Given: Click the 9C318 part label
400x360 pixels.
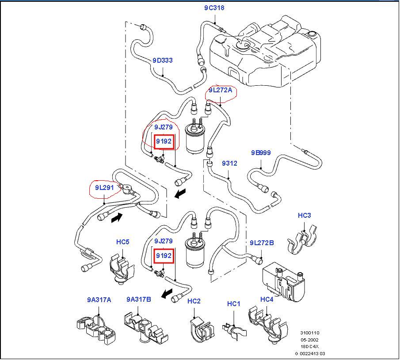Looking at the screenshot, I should coord(214,8).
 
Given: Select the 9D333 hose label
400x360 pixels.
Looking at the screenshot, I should coord(163,61).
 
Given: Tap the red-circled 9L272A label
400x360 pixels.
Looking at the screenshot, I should coord(220,90).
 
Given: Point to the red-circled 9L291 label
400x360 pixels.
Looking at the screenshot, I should coord(104,187).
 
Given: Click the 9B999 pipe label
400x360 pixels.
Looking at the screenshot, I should coord(261,153).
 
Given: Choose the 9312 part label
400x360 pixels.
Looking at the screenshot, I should coord(229,163).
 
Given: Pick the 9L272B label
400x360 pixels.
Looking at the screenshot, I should coord(262,243).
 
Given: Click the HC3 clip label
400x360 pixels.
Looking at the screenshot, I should coord(304,216).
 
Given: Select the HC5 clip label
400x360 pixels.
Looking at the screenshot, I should coord(122,242).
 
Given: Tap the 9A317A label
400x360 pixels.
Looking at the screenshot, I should coord(99,300).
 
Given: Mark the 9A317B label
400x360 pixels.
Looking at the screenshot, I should coord(138,300).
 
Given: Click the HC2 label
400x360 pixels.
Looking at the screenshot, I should coord(194,301).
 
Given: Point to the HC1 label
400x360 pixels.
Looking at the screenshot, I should coord(233,304).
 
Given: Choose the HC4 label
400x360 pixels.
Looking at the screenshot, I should coord(267,299).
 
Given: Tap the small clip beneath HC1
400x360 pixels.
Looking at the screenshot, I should coord(233,330).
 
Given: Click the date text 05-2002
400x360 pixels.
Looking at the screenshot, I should coord(309,340).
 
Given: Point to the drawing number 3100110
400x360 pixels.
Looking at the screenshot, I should coord(309,333).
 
